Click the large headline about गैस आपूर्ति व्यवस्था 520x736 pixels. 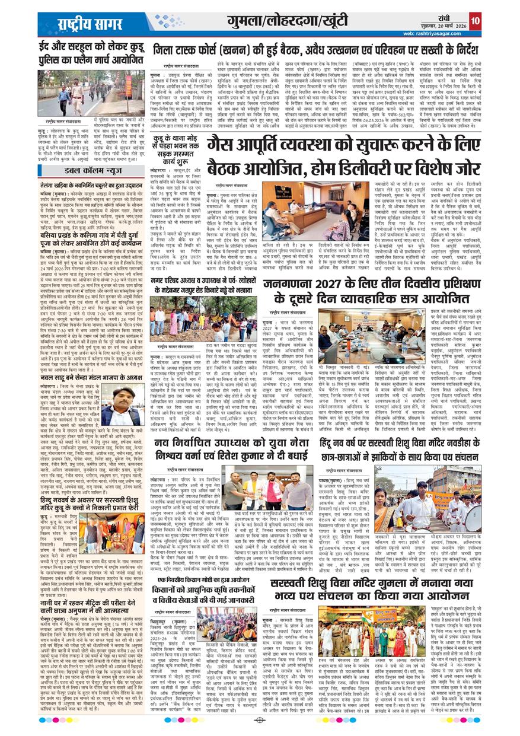pos(345,157)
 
